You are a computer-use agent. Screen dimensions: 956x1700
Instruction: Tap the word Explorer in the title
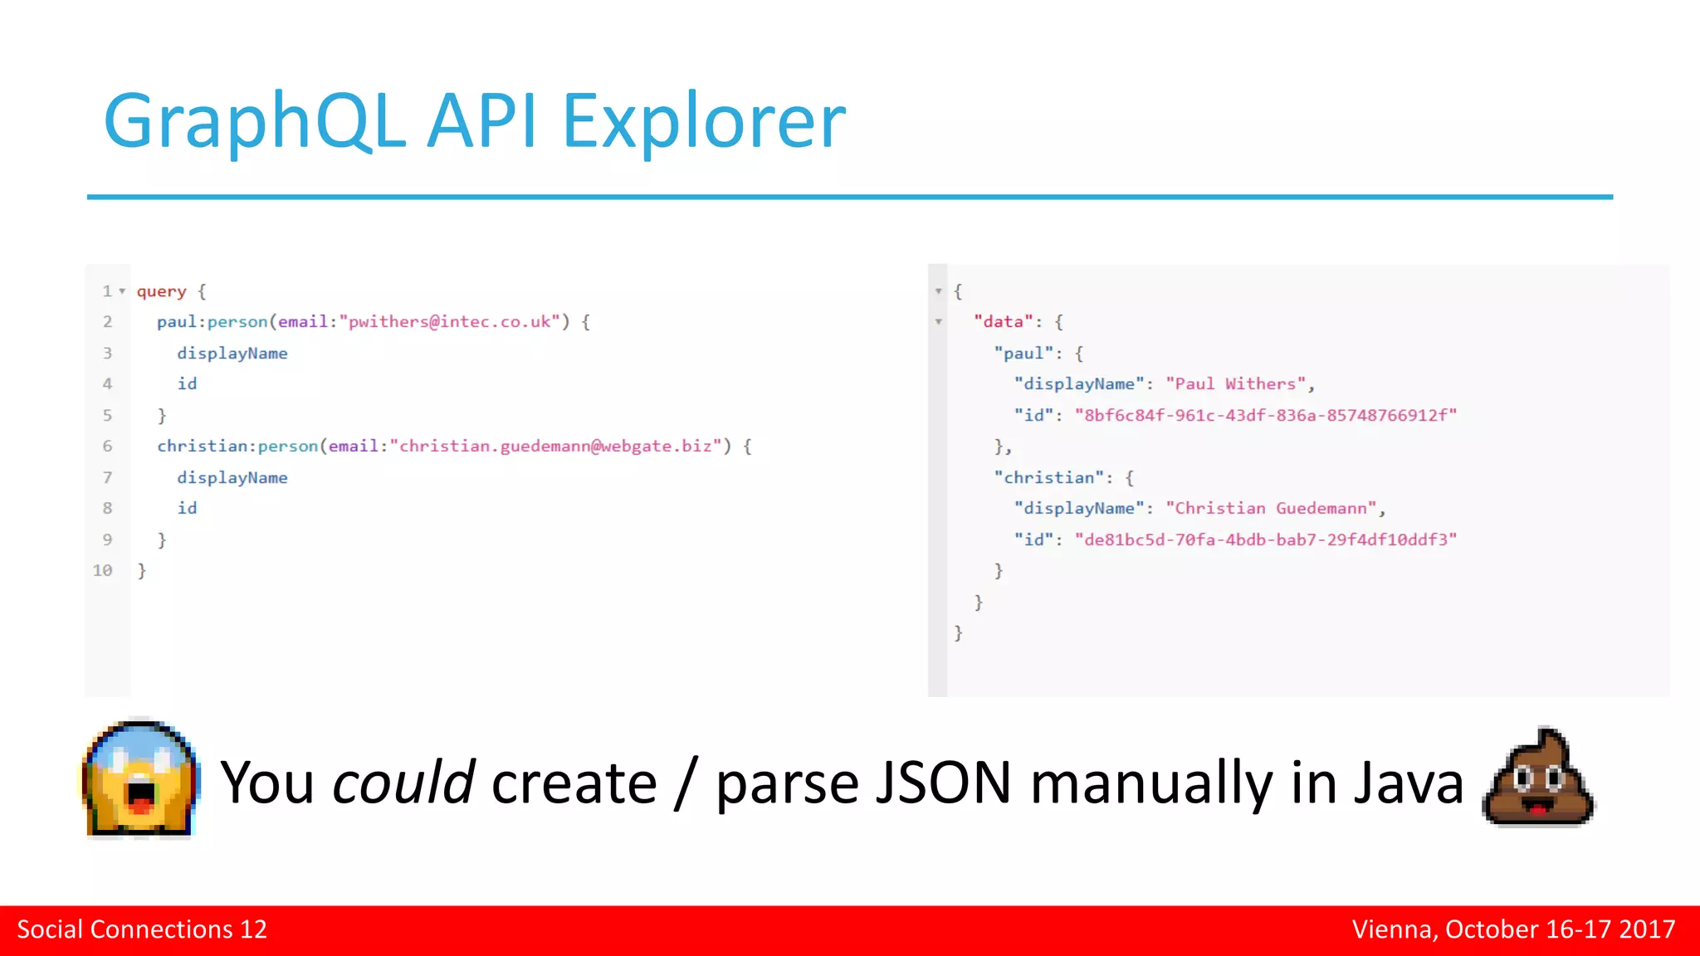pyautogui.click(x=704, y=123)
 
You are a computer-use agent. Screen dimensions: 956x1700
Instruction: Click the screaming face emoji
pyautogui.click(x=140, y=779)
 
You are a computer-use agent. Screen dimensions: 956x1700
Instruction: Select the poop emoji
pyautogui.click(x=1538, y=778)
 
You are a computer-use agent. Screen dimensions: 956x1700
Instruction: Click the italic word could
pyautogui.click(x=403, y=783)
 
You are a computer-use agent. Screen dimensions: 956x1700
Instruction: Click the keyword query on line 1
pyautogui.click(x=162, y=291)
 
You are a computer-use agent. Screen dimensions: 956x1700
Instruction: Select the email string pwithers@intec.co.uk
pyautogui.click(x=449, y=322)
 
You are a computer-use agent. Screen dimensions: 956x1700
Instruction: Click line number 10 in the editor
pyautogui.click(x=102, y=571)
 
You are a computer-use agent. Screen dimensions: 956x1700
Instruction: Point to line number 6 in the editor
pyautogui.click(x=107, y=446)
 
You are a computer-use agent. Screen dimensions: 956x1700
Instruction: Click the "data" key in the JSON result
pyautogui.click(x=1003, y=322)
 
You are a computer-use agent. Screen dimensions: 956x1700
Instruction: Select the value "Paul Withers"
pyautogui.click(x=1237, y=384)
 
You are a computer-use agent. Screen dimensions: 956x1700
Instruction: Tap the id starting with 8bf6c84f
pyautogui.click(x=1266, y=416)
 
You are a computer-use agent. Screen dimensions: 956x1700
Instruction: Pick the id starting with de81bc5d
pyautogui.click(x=1266, y=540)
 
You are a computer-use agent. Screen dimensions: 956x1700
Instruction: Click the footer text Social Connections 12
pyautogui.click(x=142, y=929)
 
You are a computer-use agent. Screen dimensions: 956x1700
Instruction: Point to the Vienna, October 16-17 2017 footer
pyautogui.click(x=1513, y=929)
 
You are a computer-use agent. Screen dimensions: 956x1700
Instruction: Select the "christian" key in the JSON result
pyautogui.click(x=1049, y=478)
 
